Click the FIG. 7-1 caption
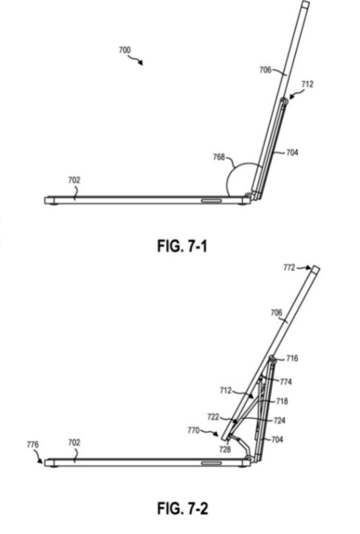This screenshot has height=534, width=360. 182,246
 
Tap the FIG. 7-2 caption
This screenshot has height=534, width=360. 182,508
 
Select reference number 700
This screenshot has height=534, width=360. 124,50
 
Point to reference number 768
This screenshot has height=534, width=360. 219,157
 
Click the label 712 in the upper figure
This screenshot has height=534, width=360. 307,84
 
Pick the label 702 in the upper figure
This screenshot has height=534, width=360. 74,180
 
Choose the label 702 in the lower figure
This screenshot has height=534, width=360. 74,443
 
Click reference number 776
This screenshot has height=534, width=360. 33,444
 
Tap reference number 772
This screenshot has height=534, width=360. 289,268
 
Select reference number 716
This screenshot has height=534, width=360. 292,358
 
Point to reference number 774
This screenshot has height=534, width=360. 286,382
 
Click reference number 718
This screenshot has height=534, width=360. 282,401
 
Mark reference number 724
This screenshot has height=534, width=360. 280,421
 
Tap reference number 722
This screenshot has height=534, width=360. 213,417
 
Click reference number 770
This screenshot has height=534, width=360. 193,430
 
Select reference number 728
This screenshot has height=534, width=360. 225,449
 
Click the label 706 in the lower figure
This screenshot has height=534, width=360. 277,312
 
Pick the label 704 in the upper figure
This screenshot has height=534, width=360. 292,152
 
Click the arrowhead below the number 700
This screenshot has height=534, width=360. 141,63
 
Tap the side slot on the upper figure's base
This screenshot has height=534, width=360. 211,201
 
